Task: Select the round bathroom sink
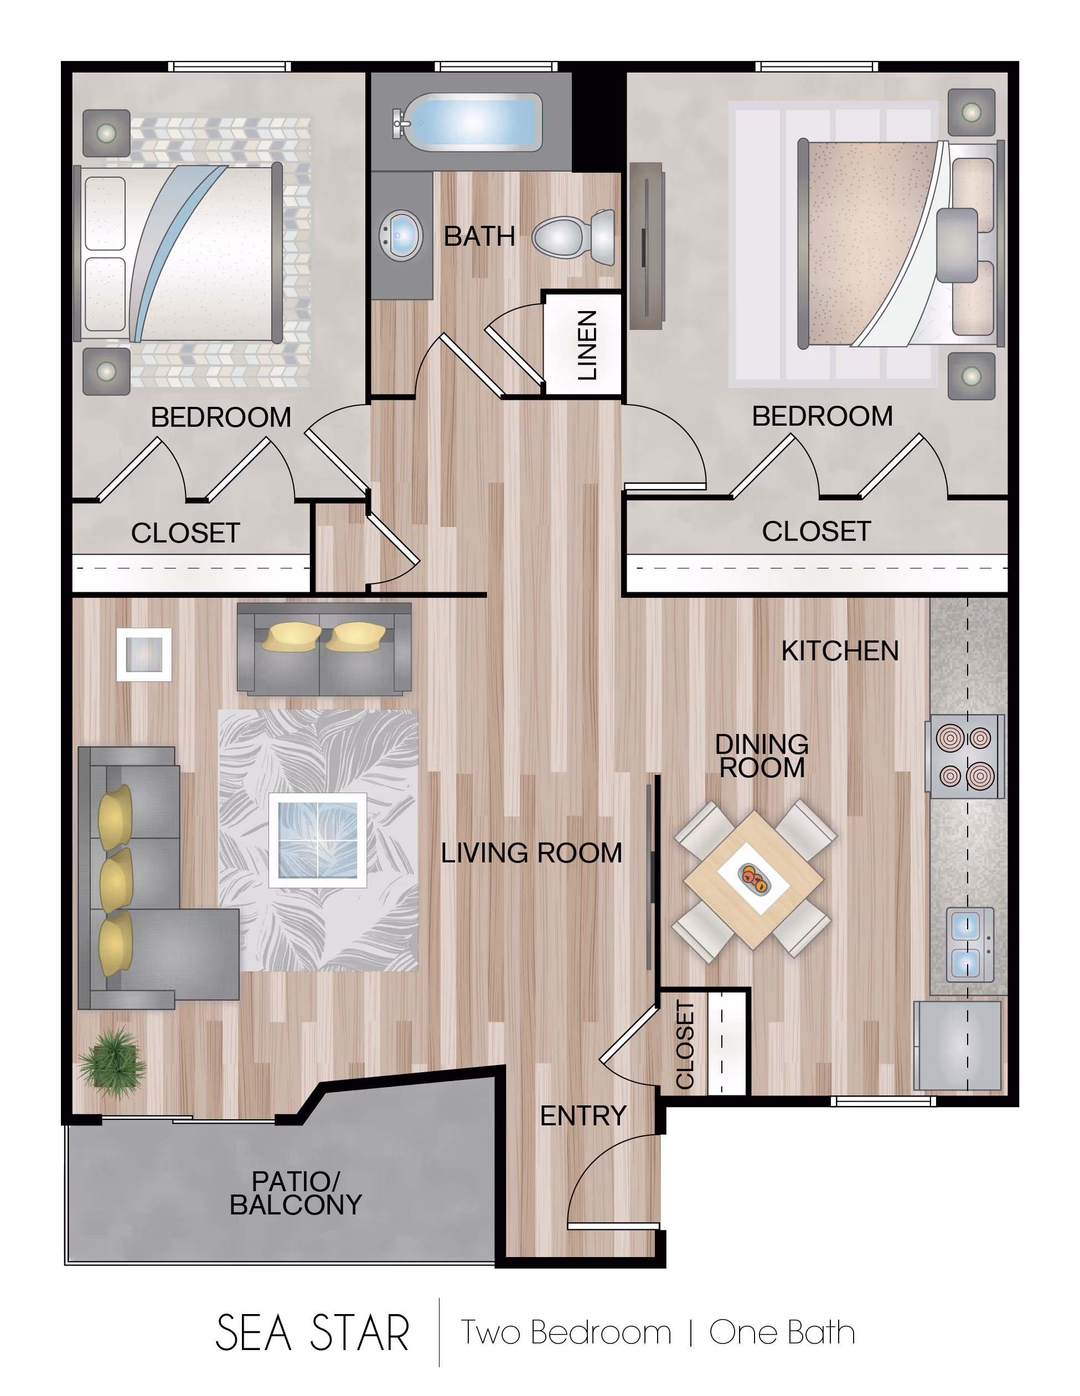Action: click(x=401, y=235)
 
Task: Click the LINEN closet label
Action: click(x=587, y=345)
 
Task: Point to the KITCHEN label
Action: click(x=840, y=651)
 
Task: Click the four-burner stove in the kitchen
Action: click(x=965, y=756)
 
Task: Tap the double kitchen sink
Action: click(x=970, y=944)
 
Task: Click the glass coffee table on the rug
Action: click(x=318, y=840)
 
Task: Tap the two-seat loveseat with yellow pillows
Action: click(x=324, y=649)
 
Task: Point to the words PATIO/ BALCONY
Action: click(x=296, y=1193)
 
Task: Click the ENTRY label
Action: click(x=583, y=1115)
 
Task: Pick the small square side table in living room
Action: click(x=144, y=654)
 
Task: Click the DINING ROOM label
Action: click(x=762, y=756)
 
